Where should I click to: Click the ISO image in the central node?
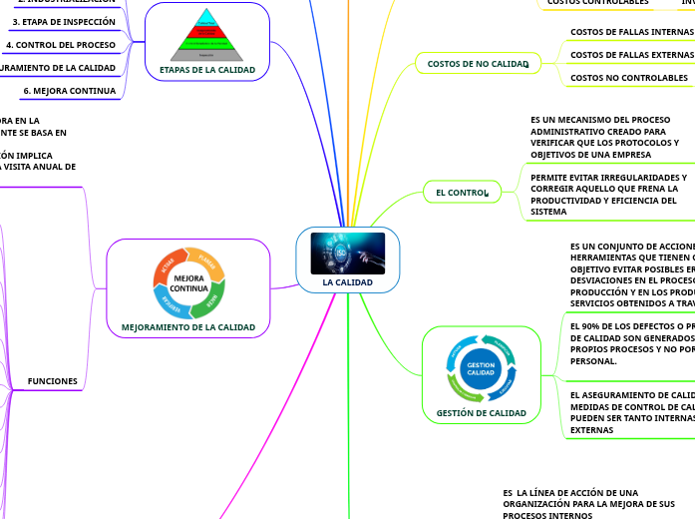point(347,254)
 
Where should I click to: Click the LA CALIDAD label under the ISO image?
point(347,282)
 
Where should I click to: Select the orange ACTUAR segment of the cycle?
point(166,265)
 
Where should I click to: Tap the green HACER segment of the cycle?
point(211,295)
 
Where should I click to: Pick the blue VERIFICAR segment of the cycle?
point(169,300)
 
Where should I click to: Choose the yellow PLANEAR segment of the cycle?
point(206,261)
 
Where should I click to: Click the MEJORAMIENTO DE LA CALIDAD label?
point(187,327)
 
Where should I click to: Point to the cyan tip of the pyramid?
point(207,21)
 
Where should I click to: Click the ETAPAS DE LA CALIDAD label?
point(207,70)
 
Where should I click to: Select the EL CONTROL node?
point(460,192)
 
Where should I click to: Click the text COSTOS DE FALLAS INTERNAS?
point(631,32)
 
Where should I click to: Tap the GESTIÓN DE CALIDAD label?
point(481,413)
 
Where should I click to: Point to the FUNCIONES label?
point(53,381)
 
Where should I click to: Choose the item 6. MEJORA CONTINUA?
point(69,91)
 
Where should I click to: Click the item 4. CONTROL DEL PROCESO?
point(60,45)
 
